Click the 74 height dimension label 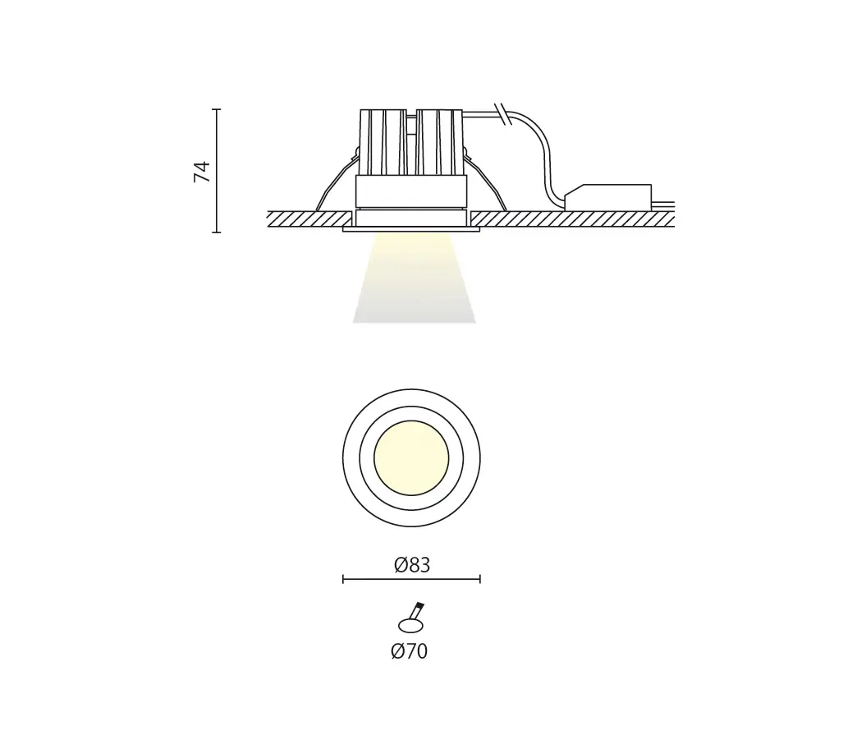coord(202,172)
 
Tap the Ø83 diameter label coord(412,565)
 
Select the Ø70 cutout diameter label coord(410,651)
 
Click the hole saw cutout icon coord(411,618)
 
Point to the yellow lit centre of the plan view coord(411,458)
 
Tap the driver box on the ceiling coord(607,197)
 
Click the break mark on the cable coord(502,114)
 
